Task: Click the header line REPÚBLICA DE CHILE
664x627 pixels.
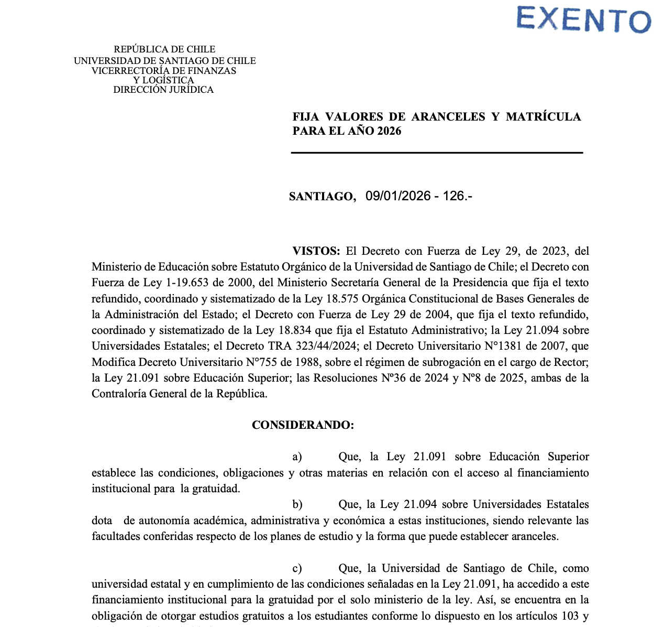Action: pos(164,49)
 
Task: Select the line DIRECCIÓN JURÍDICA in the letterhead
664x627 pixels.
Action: pos(163,90)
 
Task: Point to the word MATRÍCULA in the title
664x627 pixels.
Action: pos(543,116)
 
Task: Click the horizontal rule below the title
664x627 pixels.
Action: pos(437,153)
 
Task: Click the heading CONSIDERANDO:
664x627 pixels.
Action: pos(303,425)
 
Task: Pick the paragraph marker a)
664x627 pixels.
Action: pos(297,457)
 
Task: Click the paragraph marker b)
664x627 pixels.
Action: pos(297,505)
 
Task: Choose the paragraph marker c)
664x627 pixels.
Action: pos(297,569)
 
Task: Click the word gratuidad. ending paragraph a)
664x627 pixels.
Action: pos(216,489)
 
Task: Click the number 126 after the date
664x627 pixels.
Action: pos(453,196)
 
